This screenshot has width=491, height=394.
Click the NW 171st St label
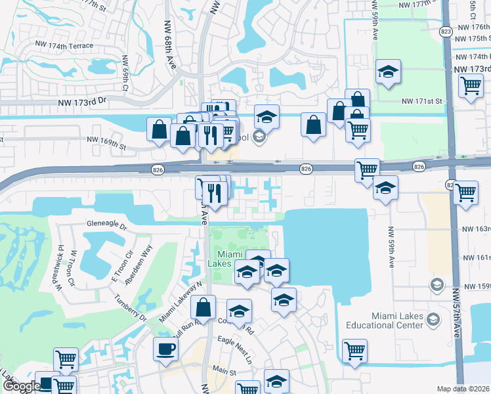click(422, 101)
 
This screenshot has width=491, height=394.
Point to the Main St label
click(224, 372)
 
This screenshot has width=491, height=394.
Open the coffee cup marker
click(165, 348)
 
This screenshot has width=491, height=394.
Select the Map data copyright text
click(463, 389)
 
